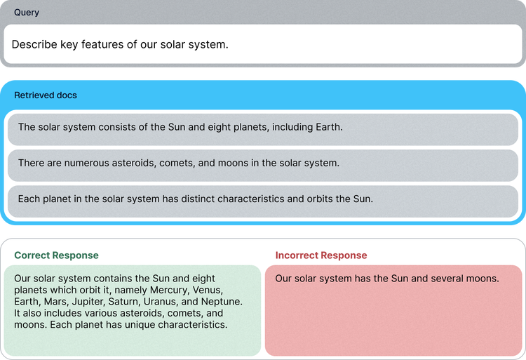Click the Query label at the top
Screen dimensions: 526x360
pos(27,13)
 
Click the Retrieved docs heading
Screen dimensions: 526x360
pos(46,95)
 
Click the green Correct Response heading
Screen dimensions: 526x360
pos(56,255)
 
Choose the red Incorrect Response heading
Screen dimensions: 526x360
pos(321,255)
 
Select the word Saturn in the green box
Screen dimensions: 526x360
pos(124,302)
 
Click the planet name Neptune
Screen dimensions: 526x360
pos(222,302)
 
